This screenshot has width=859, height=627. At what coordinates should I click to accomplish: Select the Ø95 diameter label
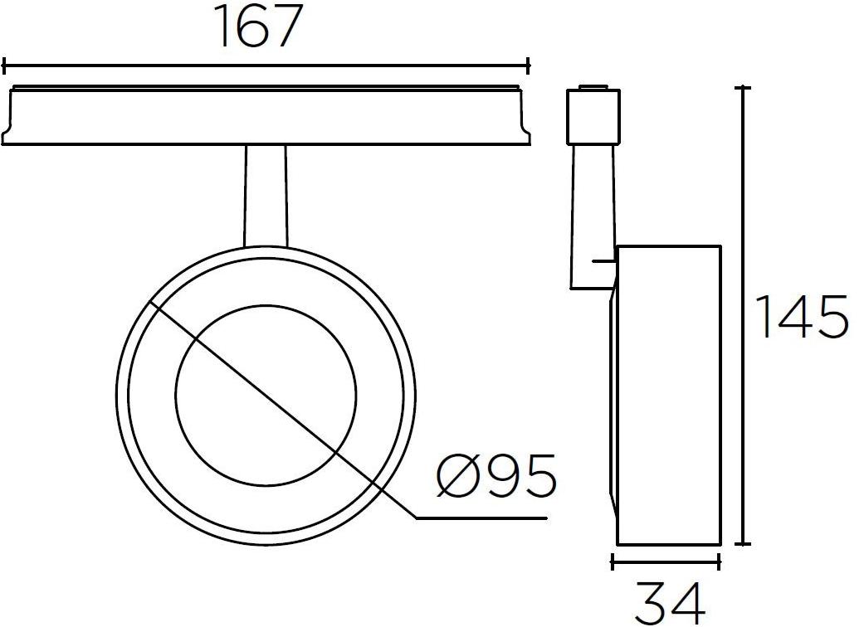(x=495, y=477)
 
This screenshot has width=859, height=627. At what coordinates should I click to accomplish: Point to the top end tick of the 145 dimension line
(x=744, y=87)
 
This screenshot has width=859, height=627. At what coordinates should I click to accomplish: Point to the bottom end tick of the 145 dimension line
(x=744, y=545)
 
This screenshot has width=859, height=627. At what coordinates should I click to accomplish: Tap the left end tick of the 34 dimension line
(x=613, y=563)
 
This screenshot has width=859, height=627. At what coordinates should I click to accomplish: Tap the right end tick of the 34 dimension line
(x=720, y=563)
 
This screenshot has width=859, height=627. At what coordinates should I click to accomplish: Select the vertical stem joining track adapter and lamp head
(x=266, y=195)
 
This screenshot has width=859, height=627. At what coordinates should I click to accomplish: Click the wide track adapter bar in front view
(x=266, y=116)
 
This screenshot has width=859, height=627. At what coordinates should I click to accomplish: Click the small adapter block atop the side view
(x=594, y=116)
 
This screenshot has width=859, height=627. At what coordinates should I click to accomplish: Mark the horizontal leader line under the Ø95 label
(x=481, y=518)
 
